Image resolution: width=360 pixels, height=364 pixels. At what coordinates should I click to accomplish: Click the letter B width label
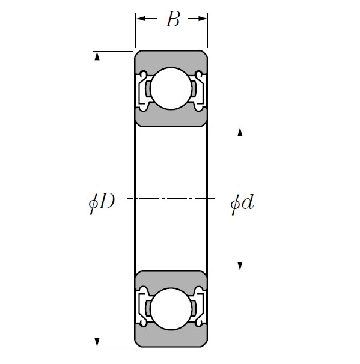172,20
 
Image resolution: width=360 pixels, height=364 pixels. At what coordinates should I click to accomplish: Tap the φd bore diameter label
242,203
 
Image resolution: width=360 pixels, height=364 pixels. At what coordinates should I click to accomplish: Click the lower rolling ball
171,309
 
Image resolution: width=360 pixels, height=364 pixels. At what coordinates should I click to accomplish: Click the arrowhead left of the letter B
141,19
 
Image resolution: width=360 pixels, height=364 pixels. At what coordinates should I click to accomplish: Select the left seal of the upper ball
144,90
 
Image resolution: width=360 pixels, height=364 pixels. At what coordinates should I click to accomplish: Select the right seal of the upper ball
198,90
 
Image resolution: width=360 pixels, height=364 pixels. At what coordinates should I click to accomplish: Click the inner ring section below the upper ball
171,118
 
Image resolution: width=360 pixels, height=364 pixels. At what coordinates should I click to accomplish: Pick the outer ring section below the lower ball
171,339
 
